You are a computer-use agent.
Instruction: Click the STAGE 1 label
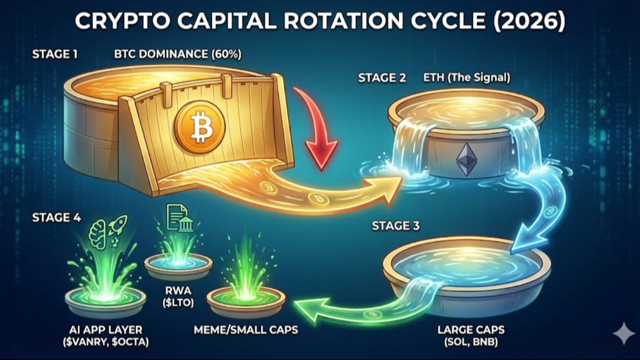click(54, 54)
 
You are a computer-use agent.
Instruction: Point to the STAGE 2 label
click(381, 78)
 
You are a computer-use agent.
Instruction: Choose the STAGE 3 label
click(395, 225)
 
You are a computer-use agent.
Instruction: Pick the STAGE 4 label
click(56, 217)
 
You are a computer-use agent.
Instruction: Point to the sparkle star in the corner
click(623, 333)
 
